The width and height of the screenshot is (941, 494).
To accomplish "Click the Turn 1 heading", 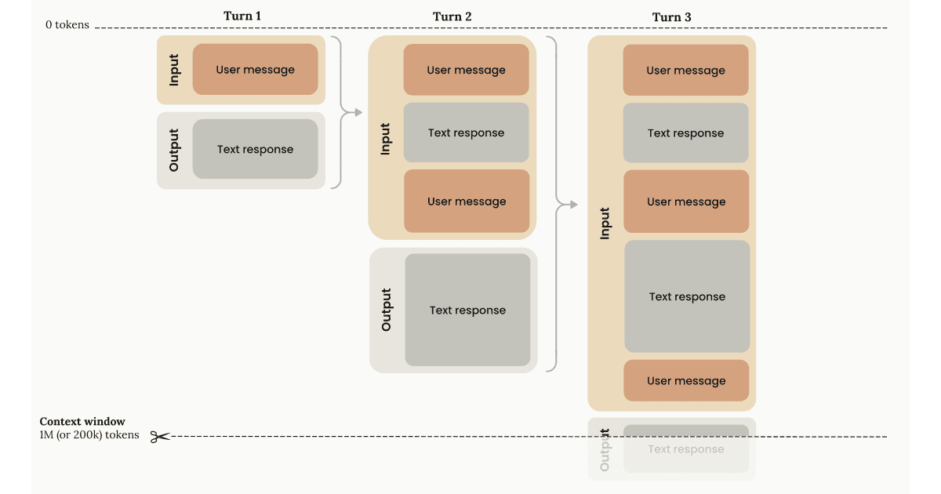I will (x=242, y=16).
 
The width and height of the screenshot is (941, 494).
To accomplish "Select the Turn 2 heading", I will (x=452, y=16).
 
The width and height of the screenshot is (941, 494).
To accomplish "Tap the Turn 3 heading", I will (x=671, y=17).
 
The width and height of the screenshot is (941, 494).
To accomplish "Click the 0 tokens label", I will (x=67, y=25).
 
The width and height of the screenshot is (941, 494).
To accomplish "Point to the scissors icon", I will (x=160, y=437).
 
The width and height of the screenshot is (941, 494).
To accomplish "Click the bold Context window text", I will (x=82, y=422).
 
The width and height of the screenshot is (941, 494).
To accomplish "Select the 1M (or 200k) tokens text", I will (x=89, y=435).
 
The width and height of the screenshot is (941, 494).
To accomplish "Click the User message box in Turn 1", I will (x=255, y=70).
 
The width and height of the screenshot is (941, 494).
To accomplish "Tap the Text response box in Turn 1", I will (x=255, y=149).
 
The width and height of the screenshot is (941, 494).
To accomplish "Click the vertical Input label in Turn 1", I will (x=174, y=70).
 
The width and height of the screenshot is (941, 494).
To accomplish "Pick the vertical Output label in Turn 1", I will (x=174, y=150).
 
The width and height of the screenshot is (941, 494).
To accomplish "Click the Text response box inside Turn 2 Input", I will (x=466, y=133).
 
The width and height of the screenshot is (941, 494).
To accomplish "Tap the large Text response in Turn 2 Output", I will (x=467, y=310).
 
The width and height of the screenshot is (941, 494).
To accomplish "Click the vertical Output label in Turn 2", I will (x=386, y=310).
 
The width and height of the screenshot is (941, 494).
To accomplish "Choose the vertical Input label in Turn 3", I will (x=605, y=223).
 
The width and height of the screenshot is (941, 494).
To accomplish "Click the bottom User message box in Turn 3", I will (x=686, y=381).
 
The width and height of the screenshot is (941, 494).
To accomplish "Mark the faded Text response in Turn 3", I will (x=686, y=449).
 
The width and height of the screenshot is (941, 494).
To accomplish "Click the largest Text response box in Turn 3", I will (x=687, y=296).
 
